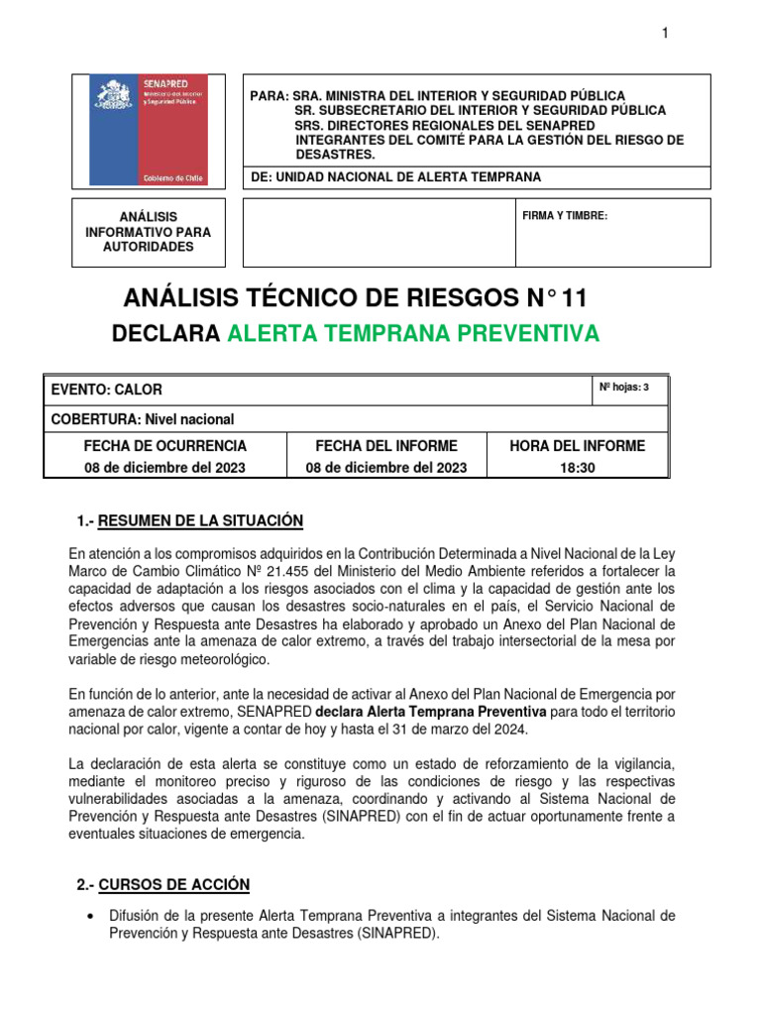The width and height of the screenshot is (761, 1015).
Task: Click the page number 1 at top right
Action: tap(665, 35)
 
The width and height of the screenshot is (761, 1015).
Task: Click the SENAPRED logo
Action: tap(149, 130)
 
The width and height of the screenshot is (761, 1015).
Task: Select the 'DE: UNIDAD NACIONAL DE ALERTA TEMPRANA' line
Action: tap(395, 176)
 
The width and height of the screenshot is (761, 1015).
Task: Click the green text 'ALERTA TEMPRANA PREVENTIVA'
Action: tap(413, 334)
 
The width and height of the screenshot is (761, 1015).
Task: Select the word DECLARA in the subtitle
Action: tap(166, 334)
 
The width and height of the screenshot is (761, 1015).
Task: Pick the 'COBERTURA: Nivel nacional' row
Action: tap(143, 418)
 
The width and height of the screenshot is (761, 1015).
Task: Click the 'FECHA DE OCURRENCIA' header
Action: tap(165, 446)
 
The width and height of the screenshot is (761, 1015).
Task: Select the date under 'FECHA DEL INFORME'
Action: tap(385, 467)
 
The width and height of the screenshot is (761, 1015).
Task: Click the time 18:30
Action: tap(577, 467)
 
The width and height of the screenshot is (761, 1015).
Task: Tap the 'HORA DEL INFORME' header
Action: tap(577, 446)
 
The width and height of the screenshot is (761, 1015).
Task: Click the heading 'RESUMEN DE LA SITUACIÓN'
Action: tap(201, 521)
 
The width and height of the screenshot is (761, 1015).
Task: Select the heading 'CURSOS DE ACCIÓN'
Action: tap(174, 884)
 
